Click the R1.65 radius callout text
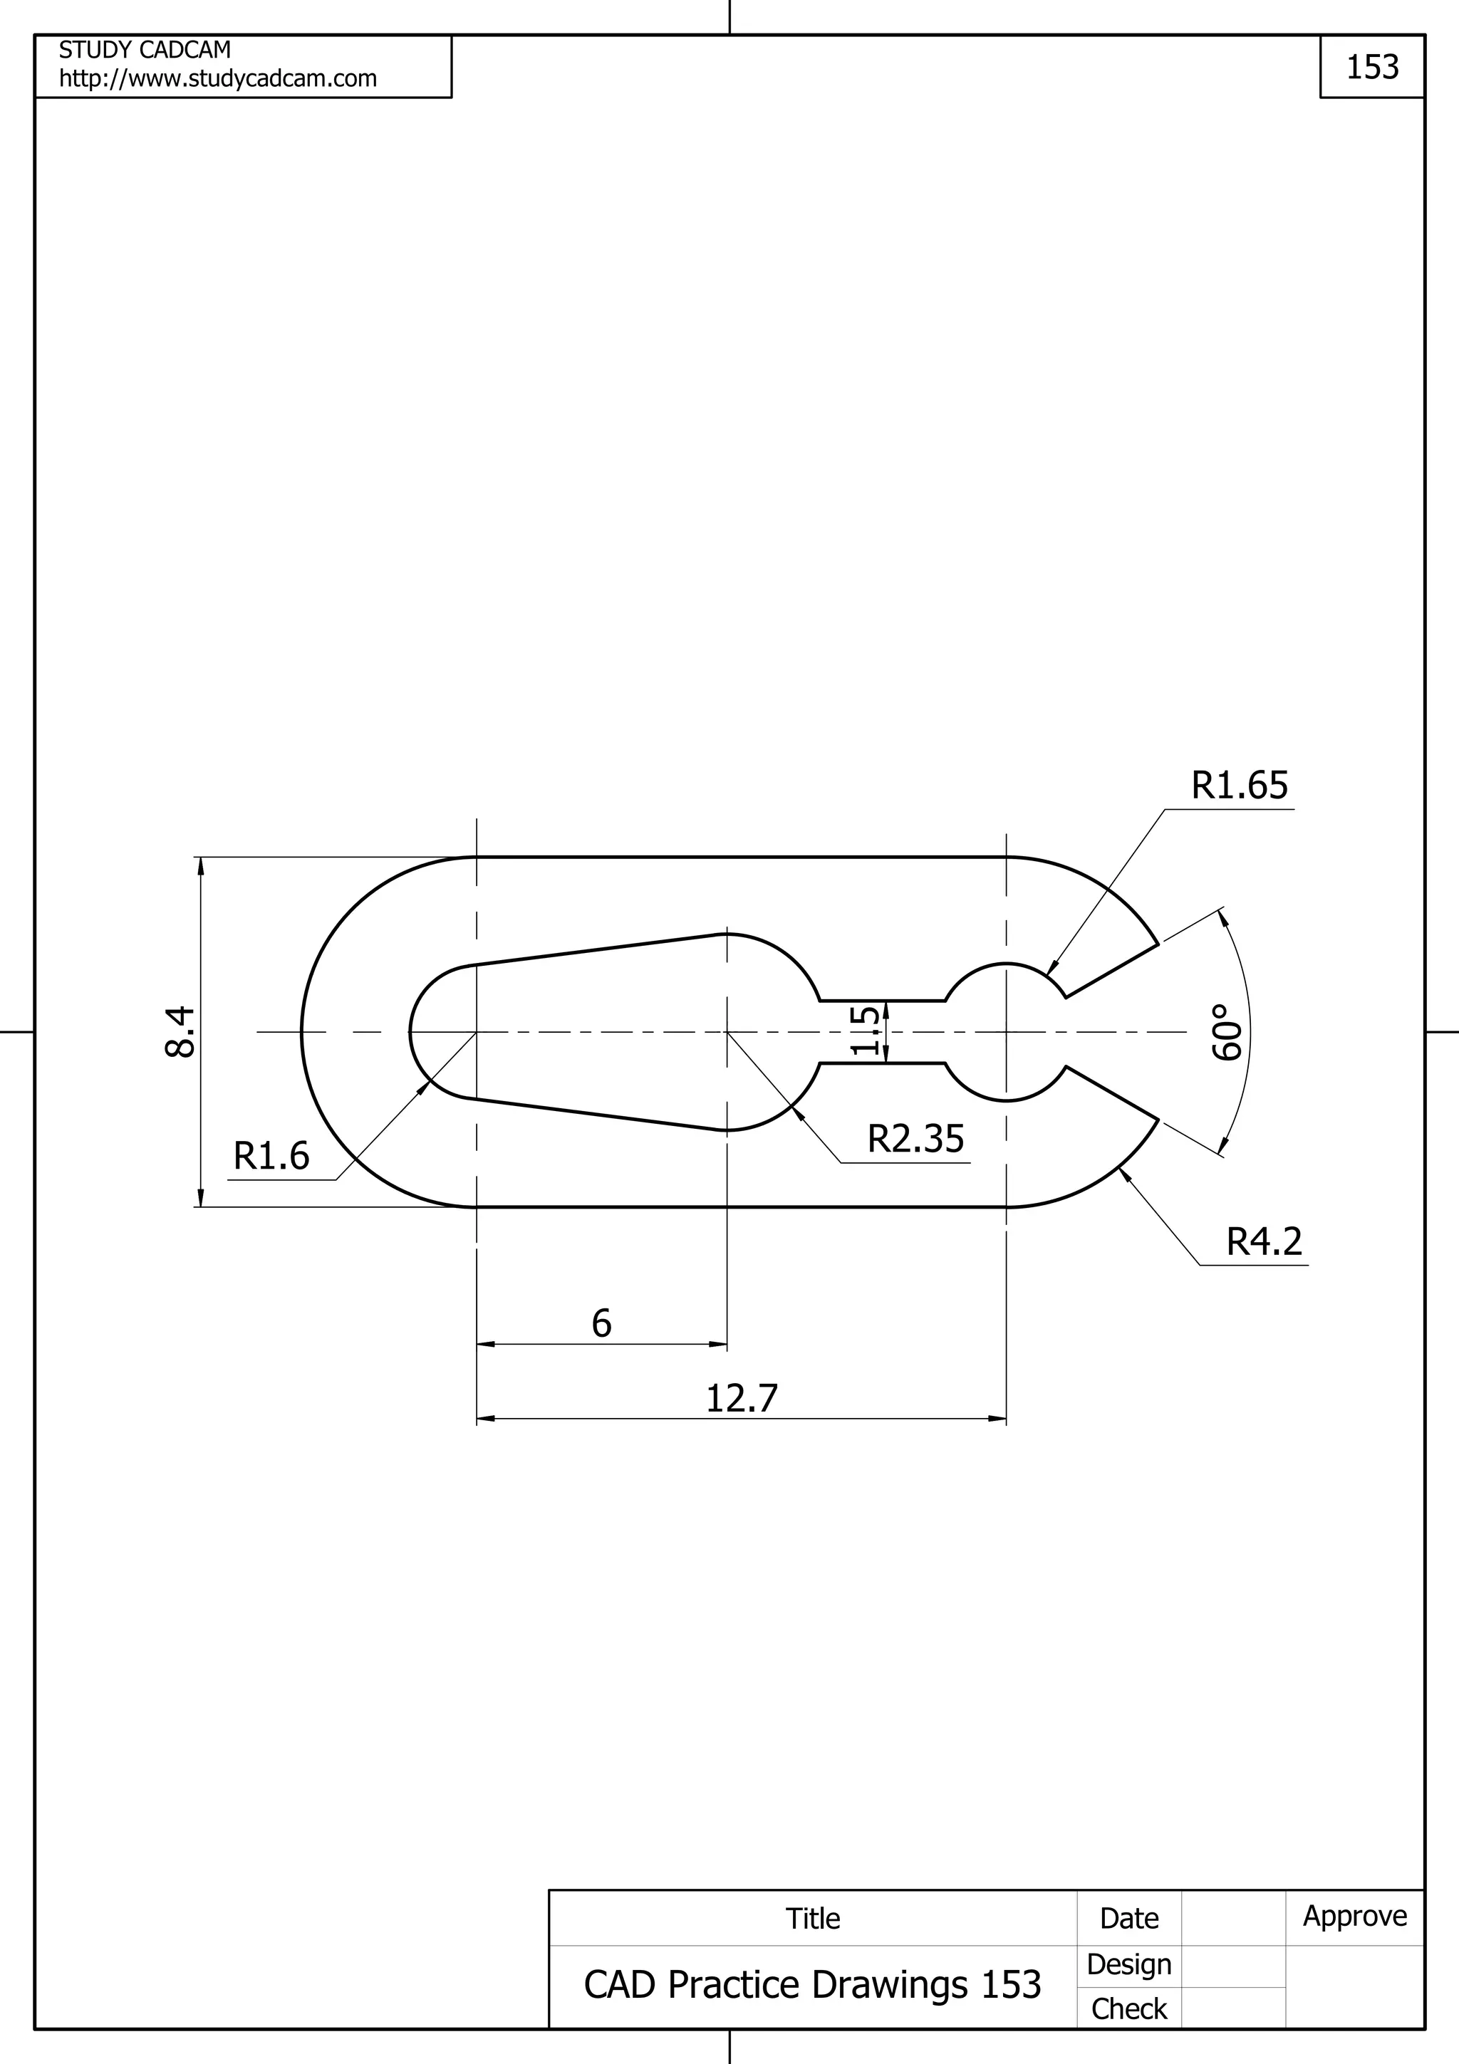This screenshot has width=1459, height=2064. pyautogui.click(x=1239, y=786)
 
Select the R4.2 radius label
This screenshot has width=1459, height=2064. pyautogui.click(x=1264, y=1242)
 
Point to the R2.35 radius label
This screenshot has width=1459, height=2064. pyautogui.click(x=915, y=1139)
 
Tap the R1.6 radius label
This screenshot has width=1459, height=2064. pyautogui.click(x=271, y=1156)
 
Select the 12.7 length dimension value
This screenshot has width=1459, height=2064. pyautogui.click(x=742, y=1399)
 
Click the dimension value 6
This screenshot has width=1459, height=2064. pyautogui.click(x=601, y=1324)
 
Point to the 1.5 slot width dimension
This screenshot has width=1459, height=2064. pyautogui.click(x=865, y=1031)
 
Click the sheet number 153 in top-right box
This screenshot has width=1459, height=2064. pyautogui.click(x=1372, y=68)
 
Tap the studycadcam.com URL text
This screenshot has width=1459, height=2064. pyautogui.click(x=217, y=79)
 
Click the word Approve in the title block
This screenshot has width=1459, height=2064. pyautogui.click(x=1355, y=1916)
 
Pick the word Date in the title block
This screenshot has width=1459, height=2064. pyautogui.click(x=1129, y=1919)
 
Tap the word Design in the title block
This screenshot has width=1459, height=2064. pyautogui.click(x=1129, y=1964)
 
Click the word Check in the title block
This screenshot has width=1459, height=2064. pyautogui.click(x=1129, y=2009)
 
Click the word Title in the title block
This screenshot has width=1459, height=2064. pyautogui.click(x=813, y=1919)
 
